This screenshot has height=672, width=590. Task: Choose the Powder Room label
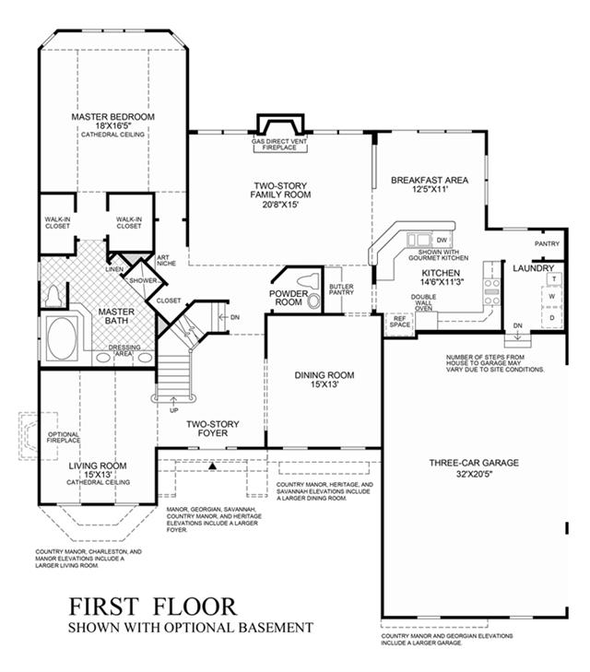click(x=287, y=296)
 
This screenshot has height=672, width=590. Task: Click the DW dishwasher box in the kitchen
click(x=442, y=241)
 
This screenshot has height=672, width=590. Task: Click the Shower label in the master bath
click(x=143, y=280)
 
